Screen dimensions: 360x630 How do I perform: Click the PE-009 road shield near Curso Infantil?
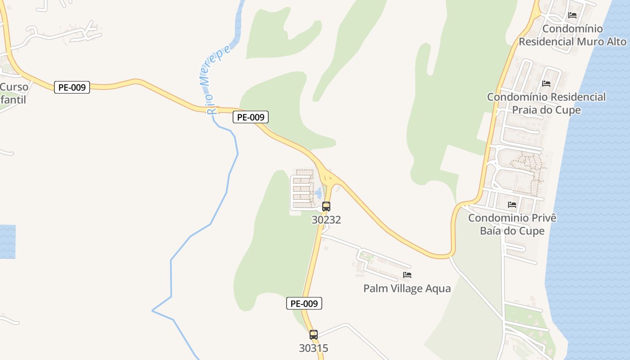pos(72,87)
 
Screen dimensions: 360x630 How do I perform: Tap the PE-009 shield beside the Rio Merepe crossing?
pos(251,117)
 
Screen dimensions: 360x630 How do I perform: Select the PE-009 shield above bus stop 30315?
pos(304,303)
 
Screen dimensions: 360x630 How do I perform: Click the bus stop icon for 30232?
pos(326,207)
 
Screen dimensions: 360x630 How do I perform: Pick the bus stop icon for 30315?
pos(314,335)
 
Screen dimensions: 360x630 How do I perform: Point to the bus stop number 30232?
pos(326,220)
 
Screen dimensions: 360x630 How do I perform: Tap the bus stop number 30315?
pos(314,348)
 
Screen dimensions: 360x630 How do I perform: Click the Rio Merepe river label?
pos(216,79)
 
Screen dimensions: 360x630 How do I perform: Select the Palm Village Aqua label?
pos(407,288)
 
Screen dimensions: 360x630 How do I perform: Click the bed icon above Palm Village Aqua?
pos(407,275)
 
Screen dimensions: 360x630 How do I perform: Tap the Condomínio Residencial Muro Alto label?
pos(572,35)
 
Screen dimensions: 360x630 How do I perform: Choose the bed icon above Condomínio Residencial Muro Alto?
pos(572,15)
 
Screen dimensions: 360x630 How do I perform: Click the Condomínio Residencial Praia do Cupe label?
pos(546,103)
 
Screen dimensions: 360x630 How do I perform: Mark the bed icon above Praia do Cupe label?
pos(546,84)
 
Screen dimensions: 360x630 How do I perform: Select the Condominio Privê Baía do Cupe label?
pos(512,224)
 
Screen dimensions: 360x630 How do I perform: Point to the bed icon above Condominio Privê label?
pos(512,205)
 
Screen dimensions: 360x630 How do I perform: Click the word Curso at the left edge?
pos(14,87)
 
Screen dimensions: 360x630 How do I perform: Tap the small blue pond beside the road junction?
pos(319,193)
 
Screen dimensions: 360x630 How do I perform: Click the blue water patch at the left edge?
pos(7,242)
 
